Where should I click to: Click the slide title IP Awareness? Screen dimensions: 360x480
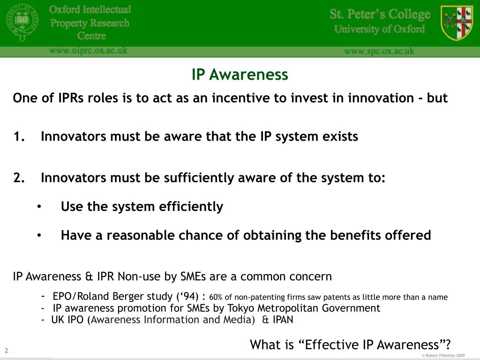tap(240, 75)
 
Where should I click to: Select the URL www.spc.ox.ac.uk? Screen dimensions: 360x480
tap(379, 51)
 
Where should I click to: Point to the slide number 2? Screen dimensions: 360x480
tap(7, 351)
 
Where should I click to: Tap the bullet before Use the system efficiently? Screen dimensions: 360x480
tap(40, 207)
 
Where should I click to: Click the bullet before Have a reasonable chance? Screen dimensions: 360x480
tap(40, 235)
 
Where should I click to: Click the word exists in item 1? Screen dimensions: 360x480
tap(339, 137)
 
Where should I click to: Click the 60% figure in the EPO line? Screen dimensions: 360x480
tap(216, 297)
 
